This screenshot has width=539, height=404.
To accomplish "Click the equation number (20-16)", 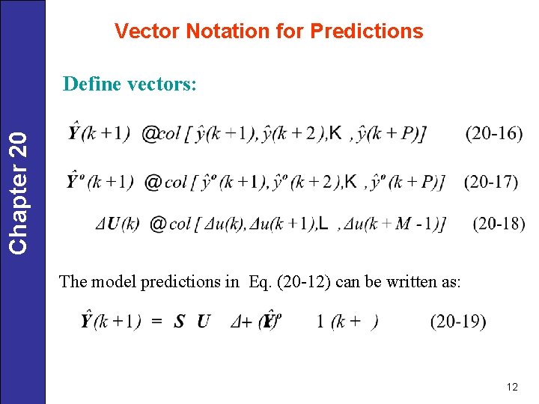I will coord(493,134).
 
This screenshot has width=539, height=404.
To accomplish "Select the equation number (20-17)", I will coord(491,182).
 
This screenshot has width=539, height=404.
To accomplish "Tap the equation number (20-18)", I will coord(499,223).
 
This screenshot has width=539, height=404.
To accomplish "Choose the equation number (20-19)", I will coord(457,322).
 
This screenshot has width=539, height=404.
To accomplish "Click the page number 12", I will coord(512,387).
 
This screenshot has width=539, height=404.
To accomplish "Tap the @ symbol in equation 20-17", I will coord(153,182).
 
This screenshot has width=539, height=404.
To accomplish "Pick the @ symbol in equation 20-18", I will coord(158,224).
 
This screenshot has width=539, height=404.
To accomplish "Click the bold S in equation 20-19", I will coord(179,322).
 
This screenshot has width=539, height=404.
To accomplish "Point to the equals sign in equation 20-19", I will coord(157,322).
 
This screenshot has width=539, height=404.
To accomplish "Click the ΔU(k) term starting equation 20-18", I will coord(118,224).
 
